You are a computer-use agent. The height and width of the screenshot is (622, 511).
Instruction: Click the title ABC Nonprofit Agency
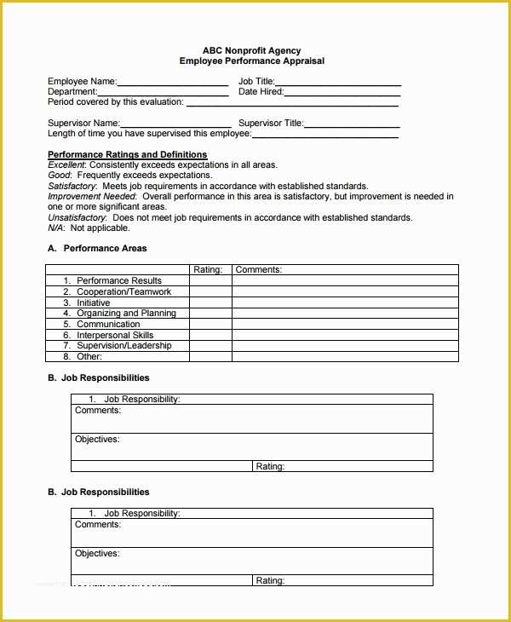point(251,51)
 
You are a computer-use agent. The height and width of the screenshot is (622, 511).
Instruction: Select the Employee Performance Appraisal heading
point(251,61)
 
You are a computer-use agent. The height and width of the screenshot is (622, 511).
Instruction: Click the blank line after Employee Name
point(172,83)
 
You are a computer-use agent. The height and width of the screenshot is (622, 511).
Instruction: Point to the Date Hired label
point(261,92)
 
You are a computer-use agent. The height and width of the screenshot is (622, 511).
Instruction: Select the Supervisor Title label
point(271,124)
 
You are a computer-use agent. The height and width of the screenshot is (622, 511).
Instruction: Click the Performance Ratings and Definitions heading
point(127,155)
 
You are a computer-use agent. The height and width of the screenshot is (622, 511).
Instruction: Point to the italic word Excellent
point(66,165)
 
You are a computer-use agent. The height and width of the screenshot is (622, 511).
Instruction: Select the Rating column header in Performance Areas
point(208,270)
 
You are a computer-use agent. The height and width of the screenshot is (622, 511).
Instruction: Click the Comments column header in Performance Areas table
point(258,270)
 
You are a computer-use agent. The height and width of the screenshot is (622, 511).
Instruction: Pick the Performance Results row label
point(118,280)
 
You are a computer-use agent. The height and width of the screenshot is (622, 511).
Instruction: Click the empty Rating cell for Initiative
point(210,302)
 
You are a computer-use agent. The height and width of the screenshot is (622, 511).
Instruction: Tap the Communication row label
point(108,325)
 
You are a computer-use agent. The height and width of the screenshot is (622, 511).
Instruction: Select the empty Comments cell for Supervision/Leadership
point(345,346)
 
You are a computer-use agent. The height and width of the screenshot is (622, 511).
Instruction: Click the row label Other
point(89,357)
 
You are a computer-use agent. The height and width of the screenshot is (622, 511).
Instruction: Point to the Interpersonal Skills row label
point(115,336)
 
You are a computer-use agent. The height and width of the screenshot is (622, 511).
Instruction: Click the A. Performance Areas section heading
point(97,249)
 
